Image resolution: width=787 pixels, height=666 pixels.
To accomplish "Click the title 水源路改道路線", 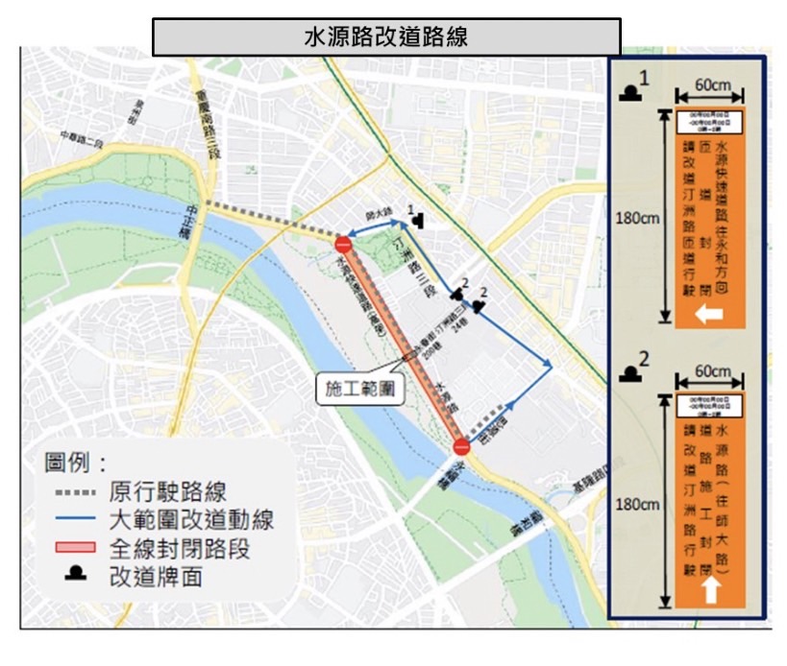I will click(386, 38).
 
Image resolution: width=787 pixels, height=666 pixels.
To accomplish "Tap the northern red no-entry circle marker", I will click(344, 244).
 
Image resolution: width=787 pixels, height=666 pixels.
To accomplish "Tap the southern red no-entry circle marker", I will click(461, 446).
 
